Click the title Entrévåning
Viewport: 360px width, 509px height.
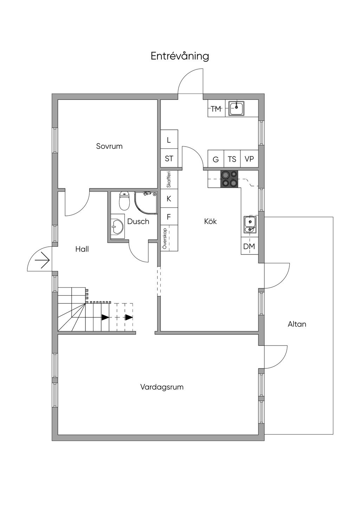pos(180,56)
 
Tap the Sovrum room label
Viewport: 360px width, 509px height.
pos(109,146)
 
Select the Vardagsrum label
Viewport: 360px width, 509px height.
pos(162,387)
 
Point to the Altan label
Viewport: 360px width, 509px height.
pos(297,324)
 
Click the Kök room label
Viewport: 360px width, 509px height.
pos(210,221)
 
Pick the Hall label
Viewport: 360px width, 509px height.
pos(82,249)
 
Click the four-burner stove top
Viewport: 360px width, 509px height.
pos(229,179)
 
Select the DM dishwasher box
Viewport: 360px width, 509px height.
pos(249,246)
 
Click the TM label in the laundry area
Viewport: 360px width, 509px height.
pos(216,109)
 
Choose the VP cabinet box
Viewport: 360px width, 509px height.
pos(249,159)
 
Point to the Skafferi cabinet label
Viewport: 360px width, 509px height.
pos(169,179)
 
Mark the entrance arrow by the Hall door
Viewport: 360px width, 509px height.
pos(43,260)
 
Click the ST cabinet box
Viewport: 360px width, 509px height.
pos(169,159)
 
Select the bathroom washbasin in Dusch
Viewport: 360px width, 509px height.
pos(116,227)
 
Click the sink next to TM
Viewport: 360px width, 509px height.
pos(236,108)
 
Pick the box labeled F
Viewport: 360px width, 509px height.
pos(169,217)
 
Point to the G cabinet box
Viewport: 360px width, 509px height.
pos(216,159)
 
